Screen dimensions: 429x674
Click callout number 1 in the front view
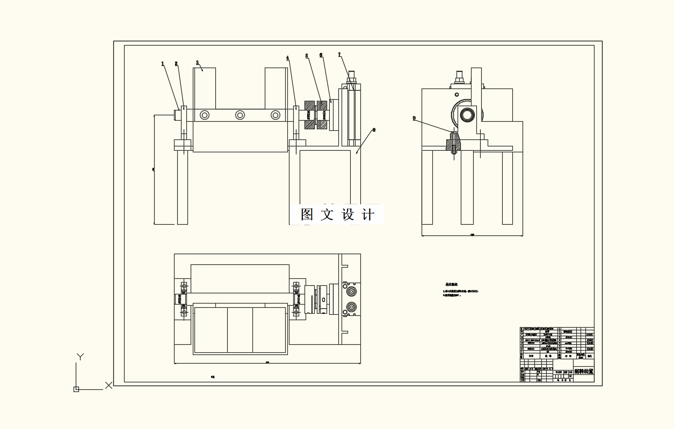(x=162, y=64)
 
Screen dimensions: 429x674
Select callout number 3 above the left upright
(x=198, y=63)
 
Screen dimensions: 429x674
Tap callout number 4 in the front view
(x=287, y=58)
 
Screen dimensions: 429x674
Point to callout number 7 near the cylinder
(x=339, y=55)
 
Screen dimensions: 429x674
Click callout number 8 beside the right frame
(x=374, y=130)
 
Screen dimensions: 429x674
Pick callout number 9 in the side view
(x=414, y=119)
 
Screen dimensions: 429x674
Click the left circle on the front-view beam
(x=205, y=115)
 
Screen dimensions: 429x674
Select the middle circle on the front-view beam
(x=240, y=115)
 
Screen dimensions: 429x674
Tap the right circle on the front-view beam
(x=276, y=115)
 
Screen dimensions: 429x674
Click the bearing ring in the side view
(x=467, y=114)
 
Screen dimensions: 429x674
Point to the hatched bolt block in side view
(x=453, y=144)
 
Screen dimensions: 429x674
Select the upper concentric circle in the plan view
(x=351, y=291)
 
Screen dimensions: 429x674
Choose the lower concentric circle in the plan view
(x=351, y=307)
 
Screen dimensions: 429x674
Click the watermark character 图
(x=307, y=214)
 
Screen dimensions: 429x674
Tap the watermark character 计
(x=368, y=214)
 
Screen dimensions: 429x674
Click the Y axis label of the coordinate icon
(x=80, y=357)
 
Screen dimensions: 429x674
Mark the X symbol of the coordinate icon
(x=108, y=385)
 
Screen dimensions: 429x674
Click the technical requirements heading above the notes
(x=451, y=285)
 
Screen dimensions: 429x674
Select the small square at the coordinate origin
(x=76, y=389)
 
